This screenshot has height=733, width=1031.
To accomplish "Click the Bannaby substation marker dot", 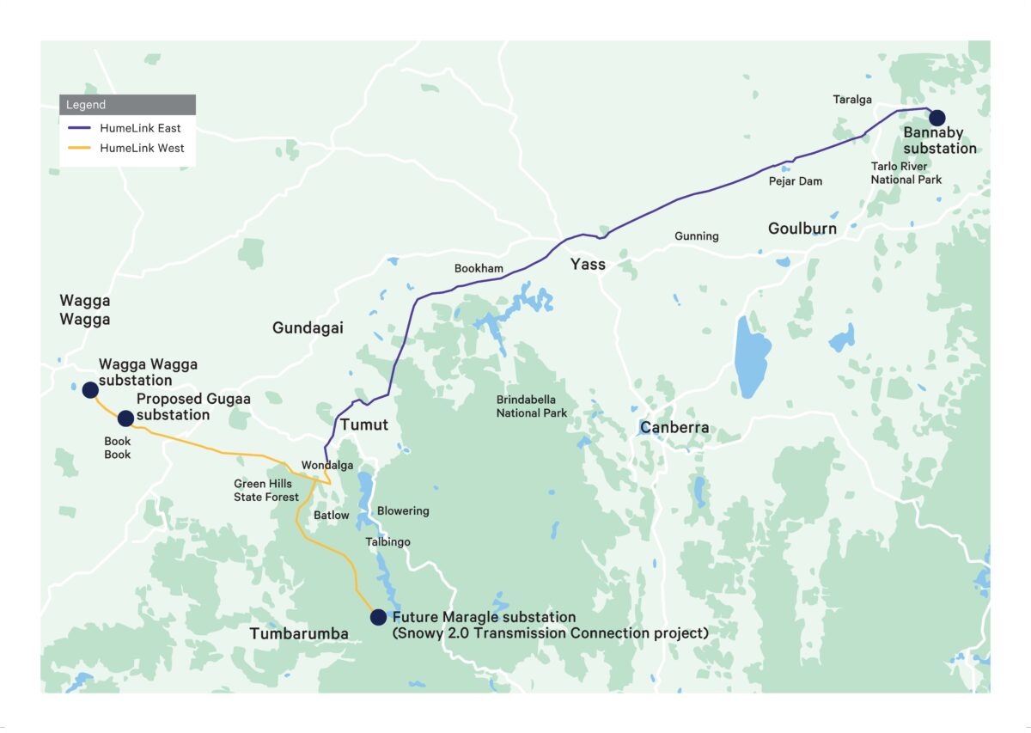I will (x=936, y=118).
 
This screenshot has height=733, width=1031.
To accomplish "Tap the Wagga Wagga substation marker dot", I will (x=90, y=390).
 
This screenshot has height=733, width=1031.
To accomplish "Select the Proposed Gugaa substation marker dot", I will (x=125, y=418).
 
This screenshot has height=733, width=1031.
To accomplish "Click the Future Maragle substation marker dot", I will (x=377, y=617).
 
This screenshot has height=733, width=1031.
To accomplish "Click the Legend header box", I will (x=127, y=105).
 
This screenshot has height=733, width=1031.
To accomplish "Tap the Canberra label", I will (x=674, y=427).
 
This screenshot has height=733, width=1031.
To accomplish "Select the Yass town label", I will (x=588, y=264).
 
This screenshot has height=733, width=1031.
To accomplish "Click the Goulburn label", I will (x=802, y=229).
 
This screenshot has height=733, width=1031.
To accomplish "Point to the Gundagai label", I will (x=308, y=327).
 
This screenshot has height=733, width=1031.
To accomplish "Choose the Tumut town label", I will (x=363, y=425).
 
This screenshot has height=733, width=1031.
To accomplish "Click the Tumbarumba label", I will (x=299, y=634).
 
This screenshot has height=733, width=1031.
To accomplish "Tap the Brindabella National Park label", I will (x=532, y=406).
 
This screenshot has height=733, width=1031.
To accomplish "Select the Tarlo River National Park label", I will (x=906, y=173).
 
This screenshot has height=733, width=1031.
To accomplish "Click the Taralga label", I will (x=852, y=100).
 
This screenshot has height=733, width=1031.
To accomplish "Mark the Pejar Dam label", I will (x=795, y=181).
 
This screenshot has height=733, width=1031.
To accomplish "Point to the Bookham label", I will (x=479, y=269).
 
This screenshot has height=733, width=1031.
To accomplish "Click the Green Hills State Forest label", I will (x=266, y=490).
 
